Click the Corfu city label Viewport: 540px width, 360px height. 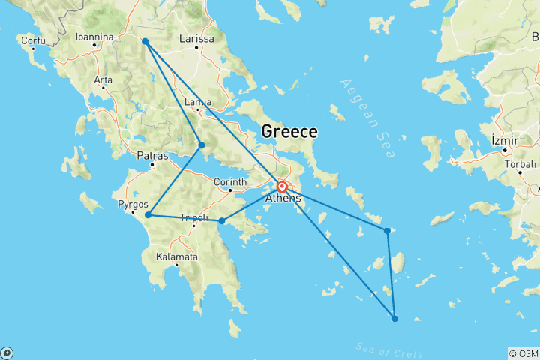click(33, 40)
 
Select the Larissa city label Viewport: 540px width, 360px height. click(197, 39)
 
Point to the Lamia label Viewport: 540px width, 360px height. click(198, 102)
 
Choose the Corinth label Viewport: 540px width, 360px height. click(231, 181)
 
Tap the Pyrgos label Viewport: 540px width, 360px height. click(133, 204)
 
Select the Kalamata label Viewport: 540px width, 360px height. click(177, 256)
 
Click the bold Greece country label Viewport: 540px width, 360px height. click(289, 132)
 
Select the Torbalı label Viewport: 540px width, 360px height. click(519, 163)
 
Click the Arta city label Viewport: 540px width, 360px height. click(103, 79)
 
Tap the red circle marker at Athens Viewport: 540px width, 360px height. click(282, 187)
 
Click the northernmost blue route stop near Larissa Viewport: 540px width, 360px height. click(145, 41)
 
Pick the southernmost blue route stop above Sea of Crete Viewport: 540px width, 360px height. click(395, 319)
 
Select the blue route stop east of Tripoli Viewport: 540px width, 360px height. click(222, 220)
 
